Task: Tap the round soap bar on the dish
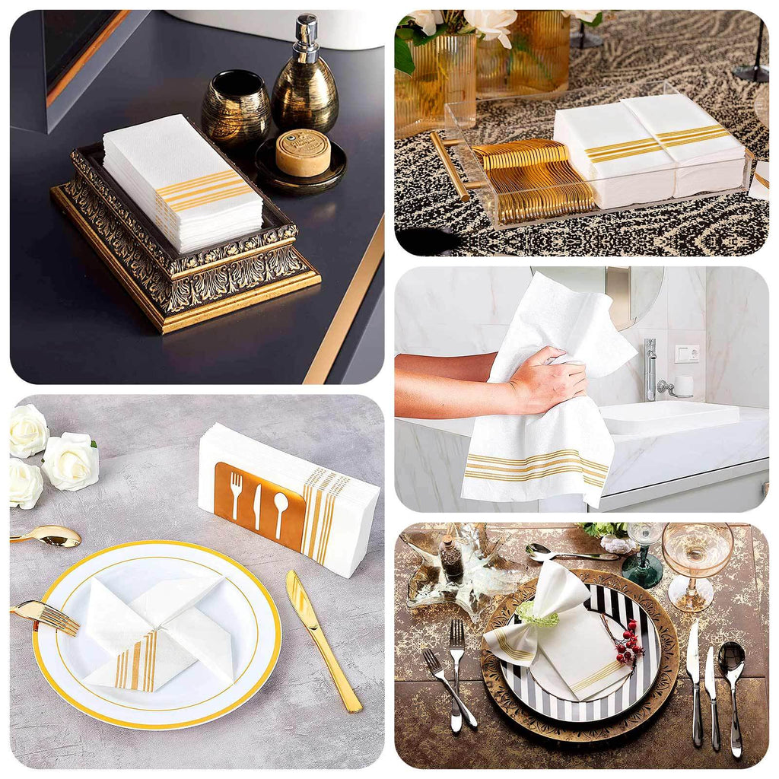pos(303,152)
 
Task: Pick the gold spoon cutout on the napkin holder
pos(281,507)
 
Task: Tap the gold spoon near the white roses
pos(49,536)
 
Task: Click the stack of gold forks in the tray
pos(533,179)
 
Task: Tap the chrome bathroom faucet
pos(650,369)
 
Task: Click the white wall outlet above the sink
pos(685,355)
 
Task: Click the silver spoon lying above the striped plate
pos(563,555)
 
